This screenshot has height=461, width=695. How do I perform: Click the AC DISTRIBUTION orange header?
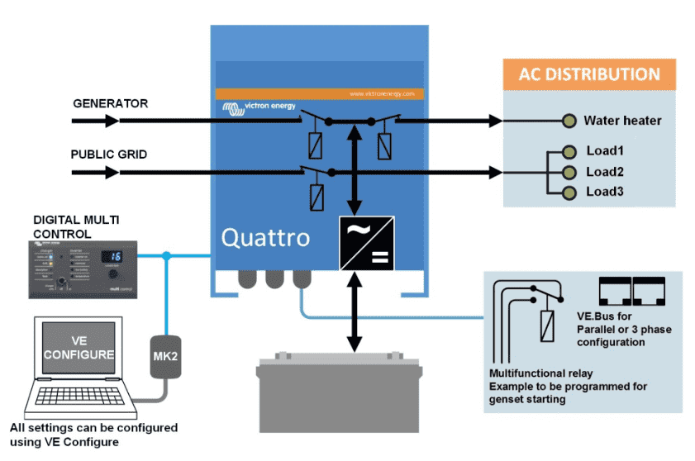pos(589,74)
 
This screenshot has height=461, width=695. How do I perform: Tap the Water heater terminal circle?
pos(569,121)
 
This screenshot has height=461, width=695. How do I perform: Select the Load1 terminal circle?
pos(569,152)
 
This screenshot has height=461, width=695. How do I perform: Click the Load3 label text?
pos(604,192)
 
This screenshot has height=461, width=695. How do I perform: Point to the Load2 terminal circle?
pos(569,172)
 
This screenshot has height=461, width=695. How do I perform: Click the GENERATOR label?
pos(111,104)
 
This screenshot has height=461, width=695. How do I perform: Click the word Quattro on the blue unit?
pos(265,238)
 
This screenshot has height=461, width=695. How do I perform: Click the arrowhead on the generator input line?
pos(112,121)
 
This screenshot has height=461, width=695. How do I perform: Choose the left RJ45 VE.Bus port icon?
pos(612,288)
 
